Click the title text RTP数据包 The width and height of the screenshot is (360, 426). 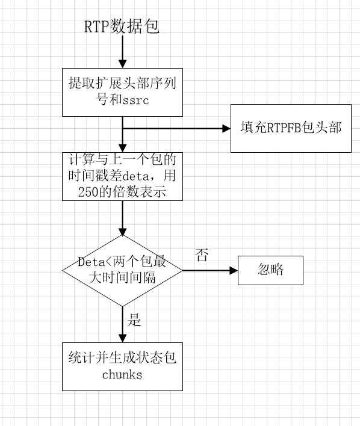click(x=122, y=27)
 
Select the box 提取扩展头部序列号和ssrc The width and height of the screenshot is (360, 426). click(x=122, y=92)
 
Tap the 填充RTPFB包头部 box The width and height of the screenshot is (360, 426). click(x=291, y=128)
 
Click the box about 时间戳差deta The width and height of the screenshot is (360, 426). click(x=122, y=176)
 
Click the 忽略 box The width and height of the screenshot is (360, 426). click(x=270, y=270)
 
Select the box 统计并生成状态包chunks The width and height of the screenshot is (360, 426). click(x=122, y=366)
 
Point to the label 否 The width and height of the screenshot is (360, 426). click(x=202, y=255)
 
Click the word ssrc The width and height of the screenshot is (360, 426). click(x=135, y=100)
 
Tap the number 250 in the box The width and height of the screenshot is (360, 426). click(x=88, y=192)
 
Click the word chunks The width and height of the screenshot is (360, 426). click(x=122, y=375)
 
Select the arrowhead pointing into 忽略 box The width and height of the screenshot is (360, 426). click(x=234, y=270)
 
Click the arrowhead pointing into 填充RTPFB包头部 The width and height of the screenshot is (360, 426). click(x=226, y=128)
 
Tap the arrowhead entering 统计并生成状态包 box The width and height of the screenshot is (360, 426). click(x=122, y=338)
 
